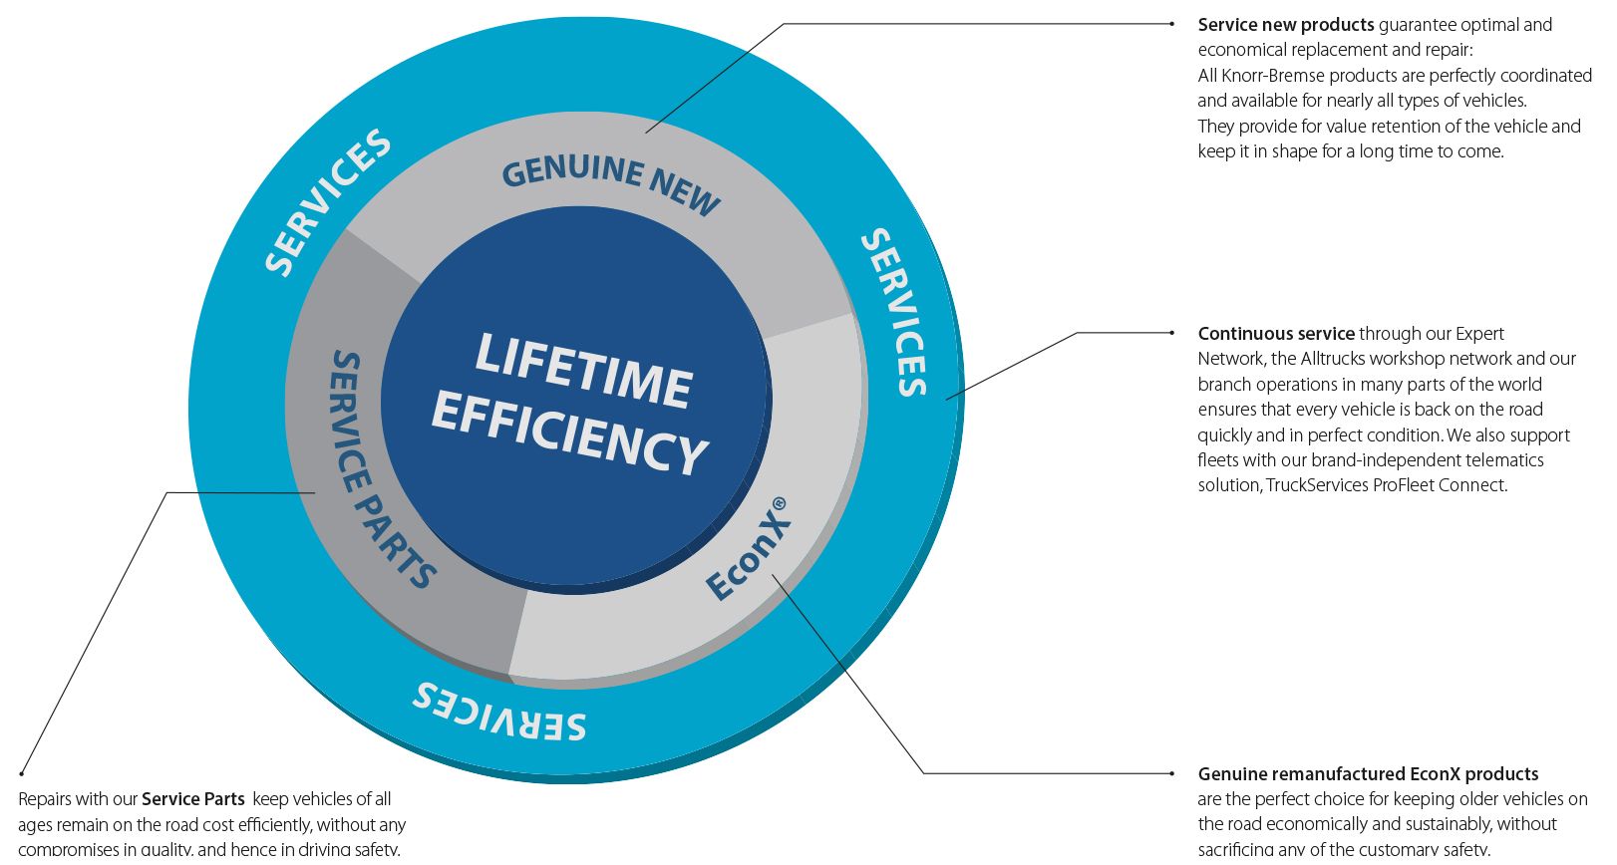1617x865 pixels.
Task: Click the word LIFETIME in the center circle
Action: tap(583, 370)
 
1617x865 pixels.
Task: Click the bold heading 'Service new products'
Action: tap(1286, 25)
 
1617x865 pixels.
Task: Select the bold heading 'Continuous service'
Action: tap(1276, 334)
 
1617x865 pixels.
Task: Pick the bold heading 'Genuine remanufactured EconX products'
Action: tap(1368, 774)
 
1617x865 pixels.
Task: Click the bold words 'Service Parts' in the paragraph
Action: tap(193, 799)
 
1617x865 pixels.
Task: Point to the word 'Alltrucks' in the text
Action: tap(1333, 359)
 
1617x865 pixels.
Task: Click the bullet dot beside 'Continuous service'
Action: tap(1172, 333)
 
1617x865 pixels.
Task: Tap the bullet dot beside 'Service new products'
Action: tap(1172, 24)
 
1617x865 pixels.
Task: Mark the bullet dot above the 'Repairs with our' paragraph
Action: tap(21, 772)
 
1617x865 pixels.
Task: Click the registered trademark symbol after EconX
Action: tap(780, 503)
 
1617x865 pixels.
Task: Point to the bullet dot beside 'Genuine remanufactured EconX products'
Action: tap(1172, 773)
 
